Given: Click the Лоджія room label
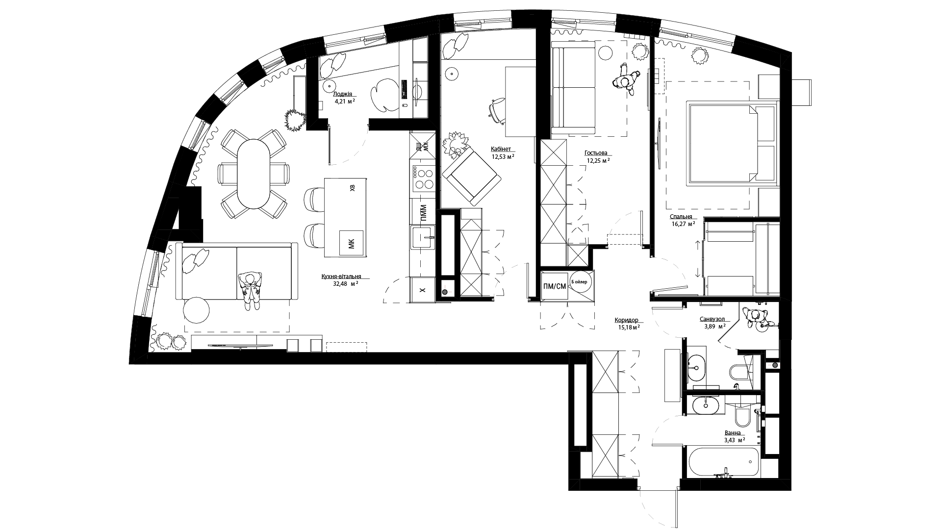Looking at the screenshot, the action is click(x=342, y=94).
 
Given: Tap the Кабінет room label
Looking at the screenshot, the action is click(x=501, y=149).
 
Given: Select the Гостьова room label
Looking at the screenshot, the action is click(x=596, y=152).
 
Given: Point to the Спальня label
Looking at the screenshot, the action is click(x=681, y=216).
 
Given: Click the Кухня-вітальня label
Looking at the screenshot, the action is click(x=341, y=276).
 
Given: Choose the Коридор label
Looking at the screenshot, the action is click(x=626, y=320).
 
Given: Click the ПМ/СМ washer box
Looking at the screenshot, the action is click(x=555, y=286).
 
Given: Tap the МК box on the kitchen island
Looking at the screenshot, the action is click(x=351, y=242).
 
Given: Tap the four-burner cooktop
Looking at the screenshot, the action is click(x=423, y=178).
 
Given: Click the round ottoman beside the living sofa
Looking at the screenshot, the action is click(x=197, y=310).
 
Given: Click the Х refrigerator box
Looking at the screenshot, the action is click(x=423, y=290).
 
